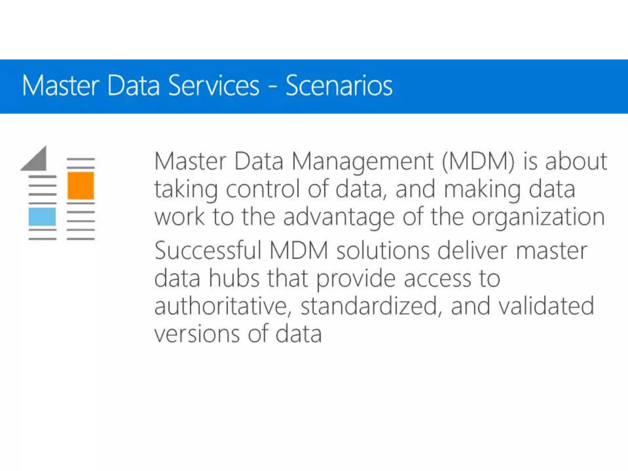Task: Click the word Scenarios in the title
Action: [339, 86]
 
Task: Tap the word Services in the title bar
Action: [214, 86]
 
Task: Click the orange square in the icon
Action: [81, 186]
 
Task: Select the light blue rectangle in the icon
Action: [42, 216]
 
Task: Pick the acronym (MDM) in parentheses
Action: [478, 162]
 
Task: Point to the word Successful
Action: [208, 251]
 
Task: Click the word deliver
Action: [472, 251]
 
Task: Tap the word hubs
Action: [234, 278]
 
